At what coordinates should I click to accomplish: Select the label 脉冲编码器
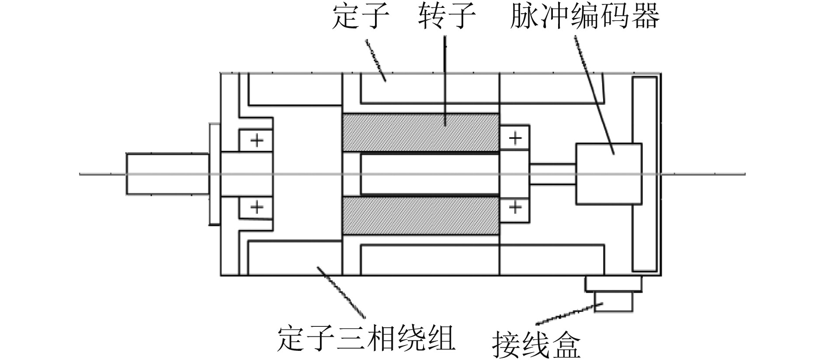pos(584,18)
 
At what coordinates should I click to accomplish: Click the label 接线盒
pos(537,345)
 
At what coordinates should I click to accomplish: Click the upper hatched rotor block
pos(420,133)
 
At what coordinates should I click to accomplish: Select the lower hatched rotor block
pos(420,216)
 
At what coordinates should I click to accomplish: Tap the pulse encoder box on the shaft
pos(609,173)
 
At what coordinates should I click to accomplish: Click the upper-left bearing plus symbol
pos(257,141)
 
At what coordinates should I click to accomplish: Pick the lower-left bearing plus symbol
pos(257,207)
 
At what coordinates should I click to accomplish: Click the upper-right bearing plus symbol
pos(515,138)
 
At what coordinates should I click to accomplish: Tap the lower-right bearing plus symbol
pos(515,207)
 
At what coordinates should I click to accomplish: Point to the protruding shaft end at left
pos(167,173)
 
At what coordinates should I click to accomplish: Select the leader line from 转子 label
pos(445,79)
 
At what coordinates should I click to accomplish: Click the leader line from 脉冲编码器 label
pos(594,94)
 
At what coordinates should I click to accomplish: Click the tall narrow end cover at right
pos(645,174)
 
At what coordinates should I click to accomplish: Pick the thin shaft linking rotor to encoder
pos(552,174)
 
